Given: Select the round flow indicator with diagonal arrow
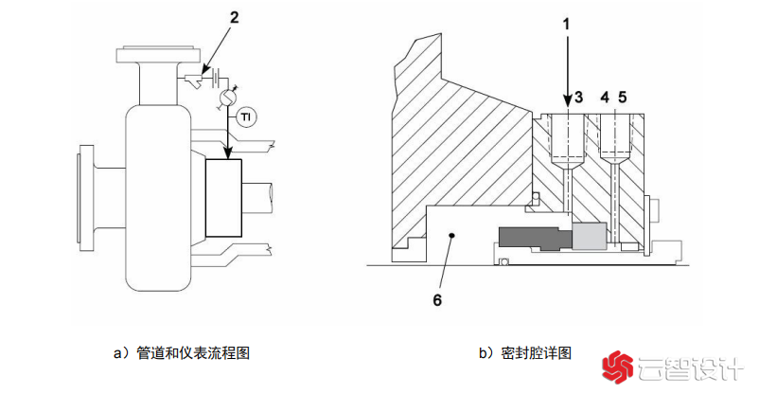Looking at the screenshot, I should click(227, 98).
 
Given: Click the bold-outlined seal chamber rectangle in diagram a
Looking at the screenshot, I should click(222, 198).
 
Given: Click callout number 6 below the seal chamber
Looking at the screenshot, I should click(437, 300).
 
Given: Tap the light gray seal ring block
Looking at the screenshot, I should click(591, 236).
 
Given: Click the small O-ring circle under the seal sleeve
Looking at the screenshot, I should click(505, 260).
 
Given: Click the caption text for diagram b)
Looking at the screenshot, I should click(525, 353).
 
